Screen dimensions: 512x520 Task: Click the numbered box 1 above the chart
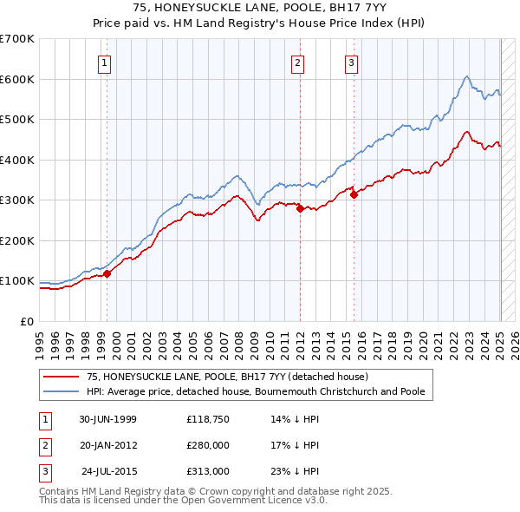pyautogui.click(x=104, y=62)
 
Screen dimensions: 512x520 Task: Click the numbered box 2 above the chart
pyautogui.click(x=297, y=62)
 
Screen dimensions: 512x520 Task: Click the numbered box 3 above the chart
pyautogui.click(x=351, y=62)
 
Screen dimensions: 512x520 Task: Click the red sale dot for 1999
pyautogui.click(x=107, y=273)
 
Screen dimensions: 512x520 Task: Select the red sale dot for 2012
pyautogui.click(x=300, y=208)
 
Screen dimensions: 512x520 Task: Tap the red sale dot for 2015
pyautogui.click(x=354, y=195)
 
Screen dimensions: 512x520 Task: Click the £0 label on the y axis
pyautogui.click(x=26, y=321)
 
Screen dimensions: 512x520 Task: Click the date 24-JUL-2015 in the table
pyautogui.click(x=109, y=471)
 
